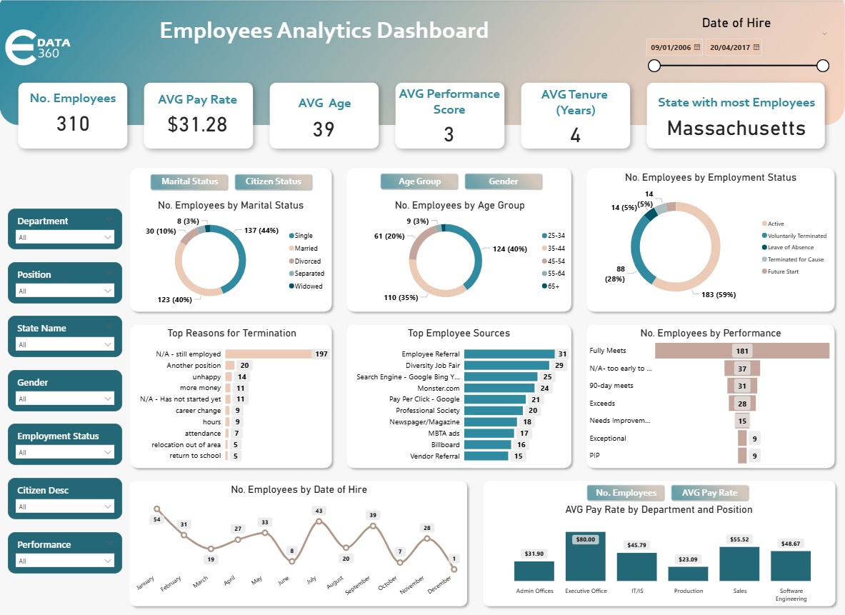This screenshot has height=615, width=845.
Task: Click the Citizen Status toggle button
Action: [274, 181]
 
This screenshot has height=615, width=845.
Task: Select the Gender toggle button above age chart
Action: [504, 181]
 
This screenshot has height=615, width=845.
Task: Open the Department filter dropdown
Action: [65, 237]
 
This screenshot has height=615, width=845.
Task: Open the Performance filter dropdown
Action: [65, 561]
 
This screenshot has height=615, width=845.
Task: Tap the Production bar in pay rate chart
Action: [688, 573]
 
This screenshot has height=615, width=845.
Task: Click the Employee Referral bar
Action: [509, 354]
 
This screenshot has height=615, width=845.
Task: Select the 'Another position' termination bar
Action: [230, 366]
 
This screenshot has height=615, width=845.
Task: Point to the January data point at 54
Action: [157, 509]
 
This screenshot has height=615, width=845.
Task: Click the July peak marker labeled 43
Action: [319, 521]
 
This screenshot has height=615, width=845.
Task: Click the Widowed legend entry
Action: [309, 286]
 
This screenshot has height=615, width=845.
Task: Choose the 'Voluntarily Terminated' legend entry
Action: [796, 236]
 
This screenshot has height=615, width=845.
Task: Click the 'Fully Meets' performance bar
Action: [741, 351]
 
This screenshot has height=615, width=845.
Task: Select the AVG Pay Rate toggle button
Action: [709, 493]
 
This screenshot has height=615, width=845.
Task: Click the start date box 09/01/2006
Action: [674, 48]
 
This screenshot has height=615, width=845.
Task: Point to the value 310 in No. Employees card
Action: [73, 124]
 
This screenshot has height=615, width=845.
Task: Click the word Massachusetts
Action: [736, 129]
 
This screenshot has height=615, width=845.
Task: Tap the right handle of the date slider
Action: [822, 66]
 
